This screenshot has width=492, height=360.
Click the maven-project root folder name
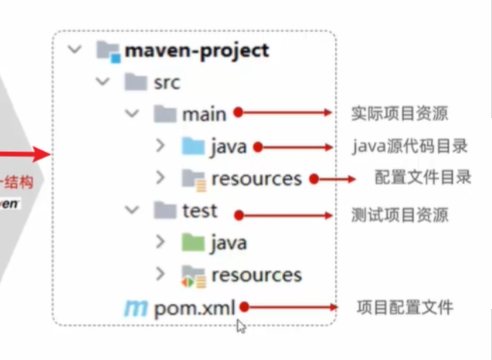(197, 51)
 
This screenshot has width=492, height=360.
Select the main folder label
(203, 113)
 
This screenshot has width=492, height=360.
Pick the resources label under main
(256, 179)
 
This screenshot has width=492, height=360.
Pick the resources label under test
(256, 275)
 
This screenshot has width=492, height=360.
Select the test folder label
(199, 211)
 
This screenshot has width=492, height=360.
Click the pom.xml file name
(195, 307)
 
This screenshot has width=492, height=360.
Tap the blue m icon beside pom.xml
(135, 307)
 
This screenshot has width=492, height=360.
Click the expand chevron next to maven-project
(74, 50)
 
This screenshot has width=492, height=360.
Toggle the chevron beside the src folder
(103, 82)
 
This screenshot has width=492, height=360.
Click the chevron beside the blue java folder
(159, 146)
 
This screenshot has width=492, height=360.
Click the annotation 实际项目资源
(399, 114)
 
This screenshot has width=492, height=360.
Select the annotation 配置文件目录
(423, 177)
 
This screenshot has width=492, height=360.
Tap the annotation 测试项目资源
(399, 215)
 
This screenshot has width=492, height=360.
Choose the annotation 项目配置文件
(405, 307)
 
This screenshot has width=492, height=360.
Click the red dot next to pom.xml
(243, 307)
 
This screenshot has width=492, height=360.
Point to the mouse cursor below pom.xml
(241, 325)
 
